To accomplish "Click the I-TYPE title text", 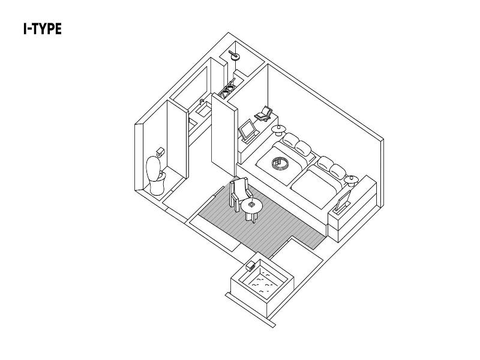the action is click(x=43, y=29).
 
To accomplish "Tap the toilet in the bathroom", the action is click(x=155, y=175).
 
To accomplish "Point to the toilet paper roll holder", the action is click(x=160, y=152).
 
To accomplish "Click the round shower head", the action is click(x=234, y=55).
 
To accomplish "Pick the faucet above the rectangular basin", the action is click(x=202, y=101).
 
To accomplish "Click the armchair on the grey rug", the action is click(x=241, y=194).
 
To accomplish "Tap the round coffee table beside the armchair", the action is click(x=251, y=209).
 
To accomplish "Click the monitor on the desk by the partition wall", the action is click(x=247, y=130).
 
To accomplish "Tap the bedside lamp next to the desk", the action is click(x=278, y=130).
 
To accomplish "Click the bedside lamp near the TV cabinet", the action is click(x=351, y=181).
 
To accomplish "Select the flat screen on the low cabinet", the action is click(x=343, y=202).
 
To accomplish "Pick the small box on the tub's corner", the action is click(x=250, y=266).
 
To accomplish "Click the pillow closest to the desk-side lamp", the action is click(x=290, y=140).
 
